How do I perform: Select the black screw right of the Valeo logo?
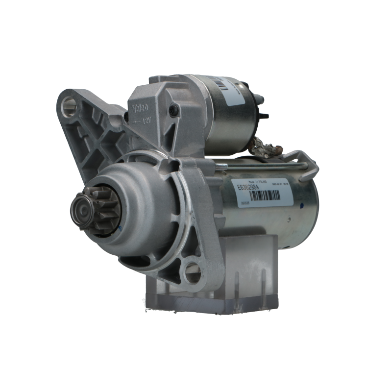click(173, 109)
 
